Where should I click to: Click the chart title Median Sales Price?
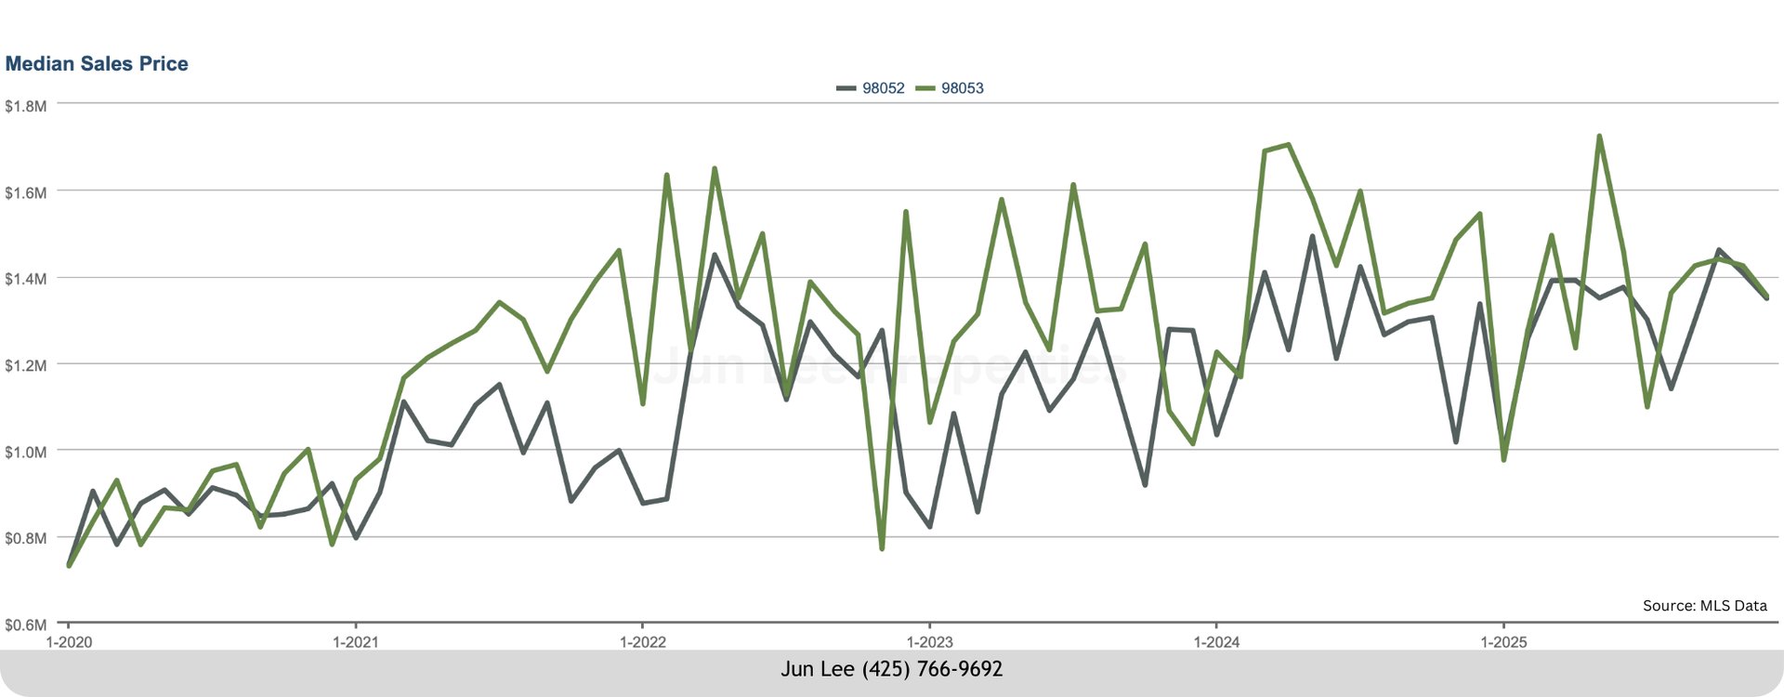pos(97,64)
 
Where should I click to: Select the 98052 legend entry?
pos(882,88)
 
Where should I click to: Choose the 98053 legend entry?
pos(962,88)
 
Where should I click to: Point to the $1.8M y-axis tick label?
pos(25,106)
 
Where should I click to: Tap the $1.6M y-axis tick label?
pos(25,192)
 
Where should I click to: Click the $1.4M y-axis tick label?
pos(25,279)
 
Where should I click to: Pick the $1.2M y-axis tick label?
pos(25,365)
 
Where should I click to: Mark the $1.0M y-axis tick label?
pos(25,452)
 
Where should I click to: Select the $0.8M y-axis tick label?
pos(25,538)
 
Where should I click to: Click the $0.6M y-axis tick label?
pos(25,625)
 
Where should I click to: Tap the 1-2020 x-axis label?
pos(69,642)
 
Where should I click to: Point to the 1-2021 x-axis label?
pos(356,642)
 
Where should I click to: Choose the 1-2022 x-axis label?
pos(642,642)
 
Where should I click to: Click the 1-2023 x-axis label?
pos(929,642)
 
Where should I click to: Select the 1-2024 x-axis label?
pos(1216,642)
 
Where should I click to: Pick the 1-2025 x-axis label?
pos(1503,642)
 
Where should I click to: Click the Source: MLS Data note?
pos(1704,605)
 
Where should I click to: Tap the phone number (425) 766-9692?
pos(932,669)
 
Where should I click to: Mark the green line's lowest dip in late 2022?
pos(881,548)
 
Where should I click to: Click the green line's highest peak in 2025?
pos(1599,136)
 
